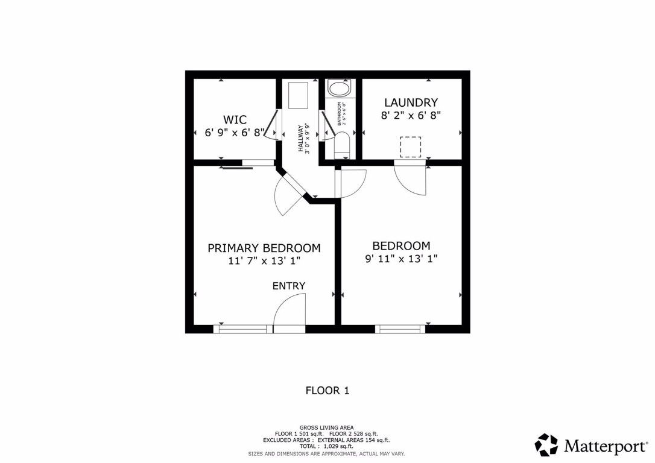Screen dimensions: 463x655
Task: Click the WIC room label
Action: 235,119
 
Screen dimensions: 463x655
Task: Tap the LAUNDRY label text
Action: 411,102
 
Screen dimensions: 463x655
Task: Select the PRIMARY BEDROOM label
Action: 264,248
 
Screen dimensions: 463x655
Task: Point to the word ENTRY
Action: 289,286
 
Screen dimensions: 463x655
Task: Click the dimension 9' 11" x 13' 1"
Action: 401,259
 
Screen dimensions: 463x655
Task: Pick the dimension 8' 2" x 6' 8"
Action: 411,116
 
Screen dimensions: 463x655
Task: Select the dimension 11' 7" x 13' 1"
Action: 264,261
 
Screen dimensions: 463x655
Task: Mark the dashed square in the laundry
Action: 411,147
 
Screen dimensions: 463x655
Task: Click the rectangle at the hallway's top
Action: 299,95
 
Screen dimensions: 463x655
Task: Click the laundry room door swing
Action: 411,179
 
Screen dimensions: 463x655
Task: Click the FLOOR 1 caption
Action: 327,391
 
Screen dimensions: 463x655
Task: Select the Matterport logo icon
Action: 546,445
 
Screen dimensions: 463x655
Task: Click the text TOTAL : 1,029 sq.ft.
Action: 326,446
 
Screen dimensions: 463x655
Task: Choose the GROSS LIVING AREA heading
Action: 326,427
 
